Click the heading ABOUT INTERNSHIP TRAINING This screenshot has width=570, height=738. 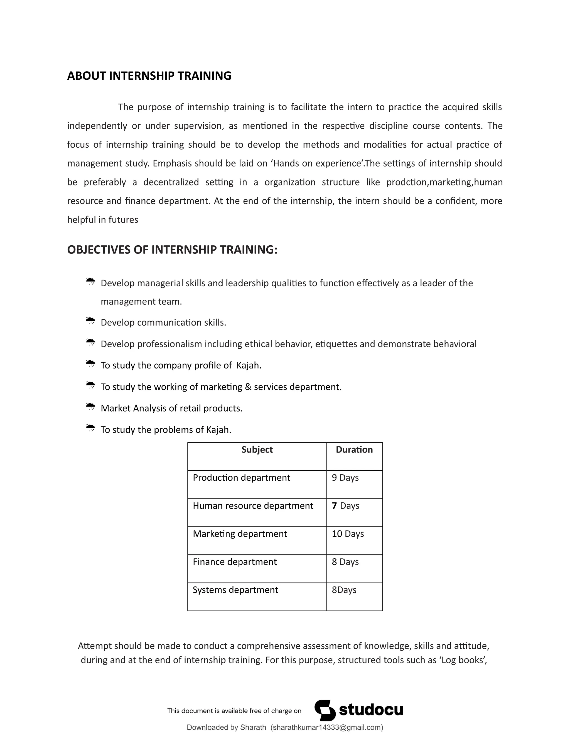point(149,76)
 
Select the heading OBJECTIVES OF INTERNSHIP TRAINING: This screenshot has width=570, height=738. point(172,250)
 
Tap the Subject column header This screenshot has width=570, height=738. point(257,449)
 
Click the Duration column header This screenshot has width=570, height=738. point(354,449)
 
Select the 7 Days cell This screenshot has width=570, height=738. point(345,505)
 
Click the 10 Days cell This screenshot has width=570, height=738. point(348,534)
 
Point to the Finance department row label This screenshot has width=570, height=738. point(235,562)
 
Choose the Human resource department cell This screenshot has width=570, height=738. point(253,505)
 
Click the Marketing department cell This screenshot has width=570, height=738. point(240,534)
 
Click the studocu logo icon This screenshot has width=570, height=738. point(325,710)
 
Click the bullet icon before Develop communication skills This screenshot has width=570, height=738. point(90,321)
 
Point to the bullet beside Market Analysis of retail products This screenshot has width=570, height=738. point(90,407)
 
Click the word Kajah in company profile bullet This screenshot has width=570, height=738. point(249,365)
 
